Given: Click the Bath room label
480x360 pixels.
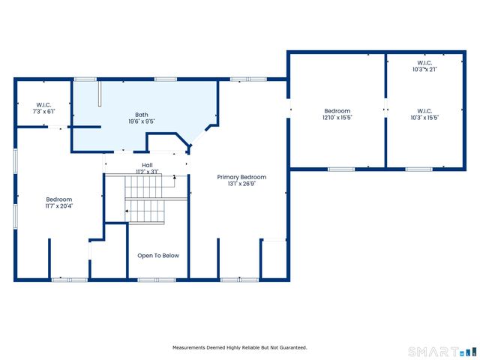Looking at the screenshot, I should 142,115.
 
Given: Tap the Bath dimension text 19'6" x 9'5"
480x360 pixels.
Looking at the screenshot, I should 142,121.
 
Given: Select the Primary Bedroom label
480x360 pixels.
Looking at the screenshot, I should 241,177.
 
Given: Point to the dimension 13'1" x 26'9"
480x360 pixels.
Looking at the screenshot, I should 241,184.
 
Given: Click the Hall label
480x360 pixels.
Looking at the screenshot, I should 147,165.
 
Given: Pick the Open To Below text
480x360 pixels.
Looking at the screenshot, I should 158,256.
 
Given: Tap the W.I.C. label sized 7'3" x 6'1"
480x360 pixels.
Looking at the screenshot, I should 43,105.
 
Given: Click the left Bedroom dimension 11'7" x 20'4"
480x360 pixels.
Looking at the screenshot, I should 59,206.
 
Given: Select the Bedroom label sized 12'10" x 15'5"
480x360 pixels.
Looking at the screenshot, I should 337,111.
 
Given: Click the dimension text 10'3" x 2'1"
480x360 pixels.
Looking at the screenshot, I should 424,69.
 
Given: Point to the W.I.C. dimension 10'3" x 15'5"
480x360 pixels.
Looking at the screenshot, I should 424,118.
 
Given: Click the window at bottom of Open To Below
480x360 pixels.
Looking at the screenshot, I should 157,280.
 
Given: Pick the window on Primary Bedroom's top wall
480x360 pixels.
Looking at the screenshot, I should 248,78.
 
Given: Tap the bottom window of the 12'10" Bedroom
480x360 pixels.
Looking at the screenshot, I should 340,169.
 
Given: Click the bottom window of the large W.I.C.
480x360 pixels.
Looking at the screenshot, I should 418,169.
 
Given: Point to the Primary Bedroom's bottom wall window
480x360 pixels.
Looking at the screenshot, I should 238,280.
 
